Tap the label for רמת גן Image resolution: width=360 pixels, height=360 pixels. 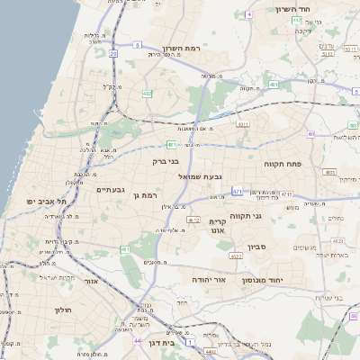(144, 195)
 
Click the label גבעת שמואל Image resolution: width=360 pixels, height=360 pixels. (200, 176)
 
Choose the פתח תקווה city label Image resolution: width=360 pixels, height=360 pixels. (286, 166)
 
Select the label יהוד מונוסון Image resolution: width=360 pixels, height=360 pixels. (262, 282)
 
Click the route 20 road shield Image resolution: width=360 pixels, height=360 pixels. (113, 53)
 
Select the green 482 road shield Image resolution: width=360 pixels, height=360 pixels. (147, 92)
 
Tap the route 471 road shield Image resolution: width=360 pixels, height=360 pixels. (237, 191)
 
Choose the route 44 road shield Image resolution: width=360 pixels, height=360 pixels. (137, 341)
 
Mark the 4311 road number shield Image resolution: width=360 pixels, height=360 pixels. (244, 123)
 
